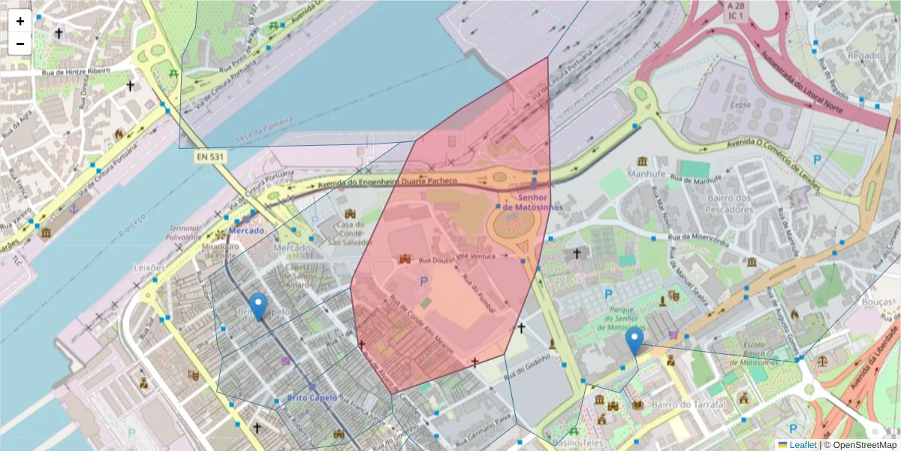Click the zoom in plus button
(x=20, y=21)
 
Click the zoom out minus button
(x=20, y=44)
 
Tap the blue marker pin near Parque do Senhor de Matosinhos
(x=634, y=341)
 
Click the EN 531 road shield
(x=211, y=157)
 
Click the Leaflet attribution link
(x=803, y=445)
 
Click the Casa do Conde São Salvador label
(x=350, y=233)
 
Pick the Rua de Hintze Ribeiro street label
(x=76, y=71)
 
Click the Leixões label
(x=149, y=268)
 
